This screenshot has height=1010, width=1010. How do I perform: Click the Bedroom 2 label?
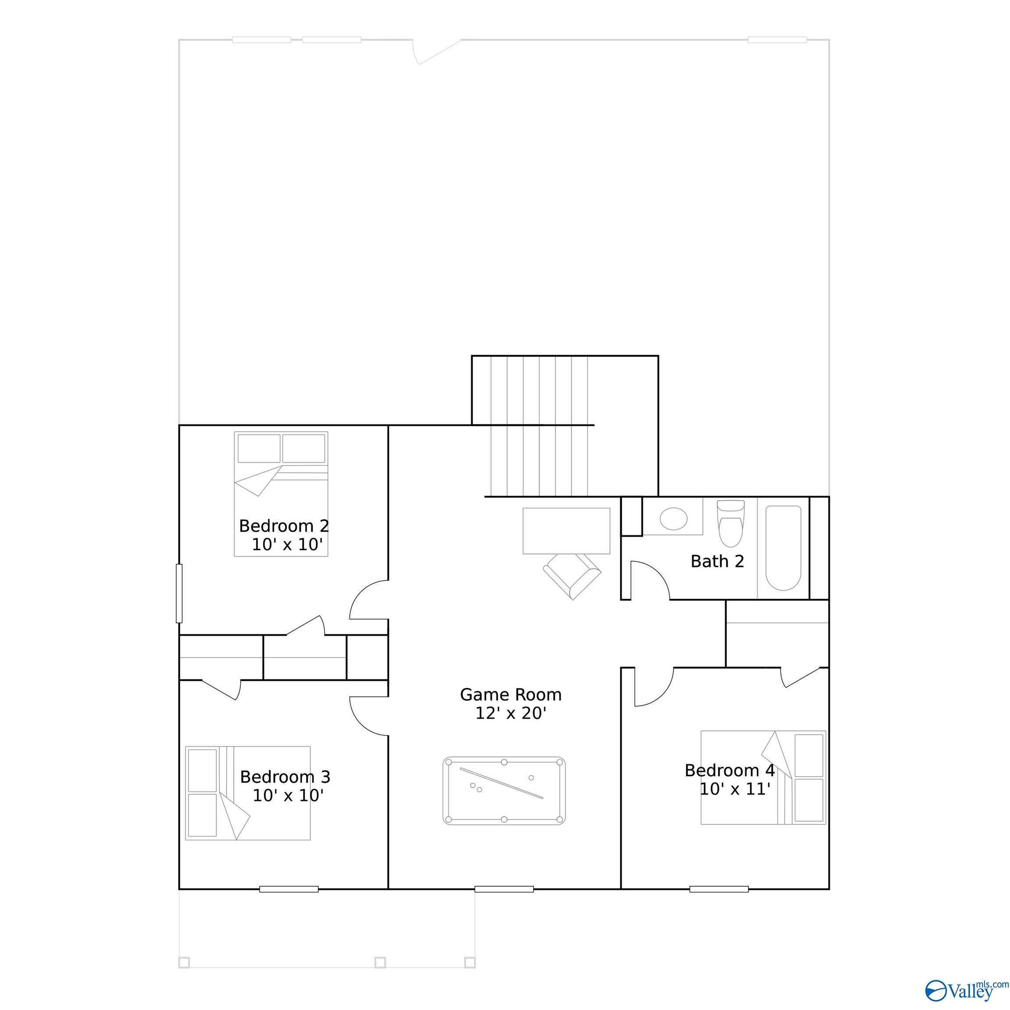[x=284, y=526]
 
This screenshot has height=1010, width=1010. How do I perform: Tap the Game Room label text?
[x=511, y=694]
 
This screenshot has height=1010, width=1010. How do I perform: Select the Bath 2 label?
[x=717, y=561]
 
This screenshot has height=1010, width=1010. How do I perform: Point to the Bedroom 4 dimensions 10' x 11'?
[x=735, y=789]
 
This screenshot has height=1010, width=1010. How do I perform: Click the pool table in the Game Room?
[x=504, y=790]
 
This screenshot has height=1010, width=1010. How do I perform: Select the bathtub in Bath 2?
[x=783, y=548]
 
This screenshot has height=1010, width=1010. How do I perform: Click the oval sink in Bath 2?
[x=673, y=519]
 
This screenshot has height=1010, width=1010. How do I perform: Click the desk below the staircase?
[x=566, y=530]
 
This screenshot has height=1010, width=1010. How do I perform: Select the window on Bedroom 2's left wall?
[x=179, y=594]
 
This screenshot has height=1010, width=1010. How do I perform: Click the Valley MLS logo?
[x=966, y=989]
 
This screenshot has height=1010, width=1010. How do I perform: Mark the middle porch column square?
[x=380, y=962]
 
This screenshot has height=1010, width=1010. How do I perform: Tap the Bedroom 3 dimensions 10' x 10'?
[x=288, y=795]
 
